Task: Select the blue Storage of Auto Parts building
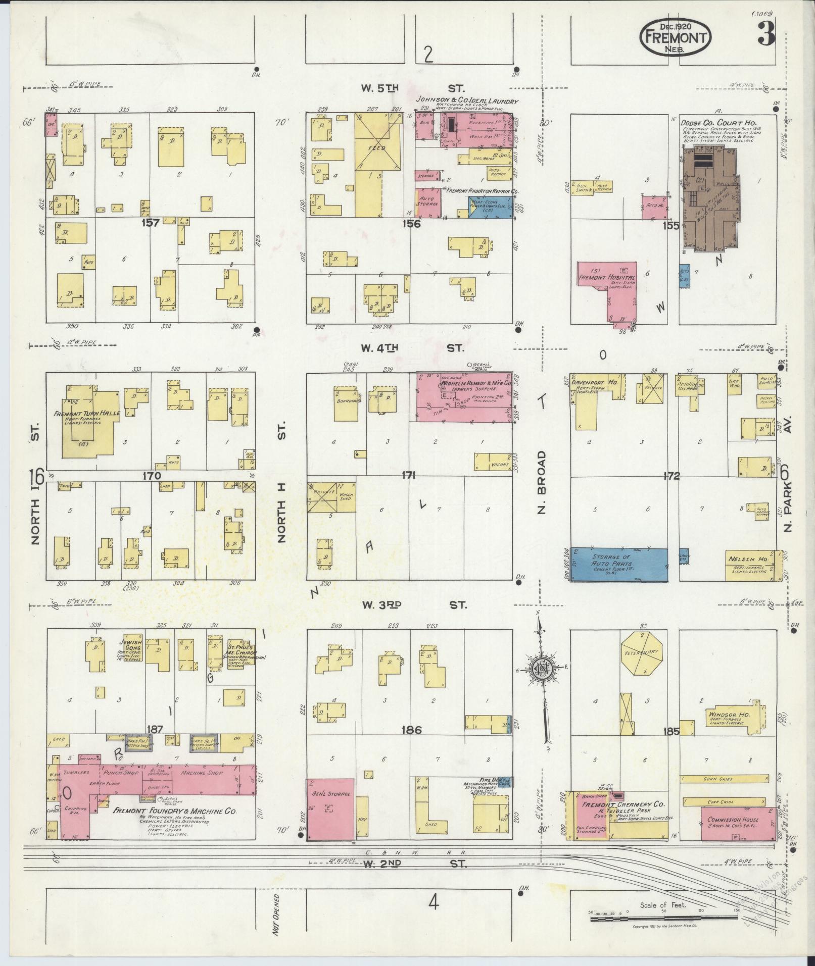[618, 564]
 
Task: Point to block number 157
[151, 222]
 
